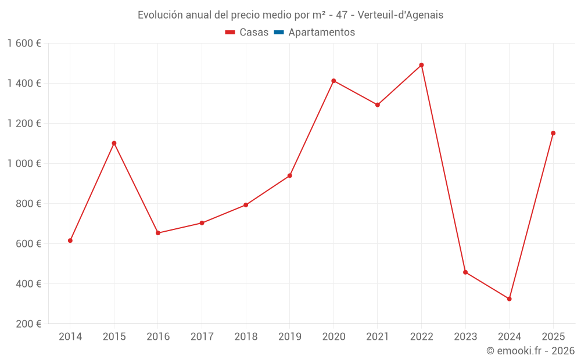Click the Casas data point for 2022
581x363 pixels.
tap(421, 65)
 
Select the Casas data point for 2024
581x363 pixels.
tap(509, 299)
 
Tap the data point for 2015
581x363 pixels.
tap(114, 143)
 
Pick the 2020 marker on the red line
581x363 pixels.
tap(333, 81)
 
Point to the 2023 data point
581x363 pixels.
tap(465, 272)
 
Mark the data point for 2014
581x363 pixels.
tap(70, 240)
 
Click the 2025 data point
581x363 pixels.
tap(553, 133)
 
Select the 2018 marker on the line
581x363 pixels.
tap(246, 205)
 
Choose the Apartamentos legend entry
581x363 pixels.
tap(321, 33)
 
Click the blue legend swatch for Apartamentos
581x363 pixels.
tap(279, 33)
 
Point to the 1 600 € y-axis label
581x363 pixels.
tap(24, 44)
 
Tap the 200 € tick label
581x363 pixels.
tap(29, 324)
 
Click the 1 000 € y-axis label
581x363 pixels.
tap(24, 164)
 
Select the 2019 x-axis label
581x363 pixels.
tap(289, 337)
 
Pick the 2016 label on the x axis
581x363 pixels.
tap(158, 337)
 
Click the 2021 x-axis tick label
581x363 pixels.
tap(378, 337)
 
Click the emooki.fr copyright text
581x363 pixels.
tap(530, 351)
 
